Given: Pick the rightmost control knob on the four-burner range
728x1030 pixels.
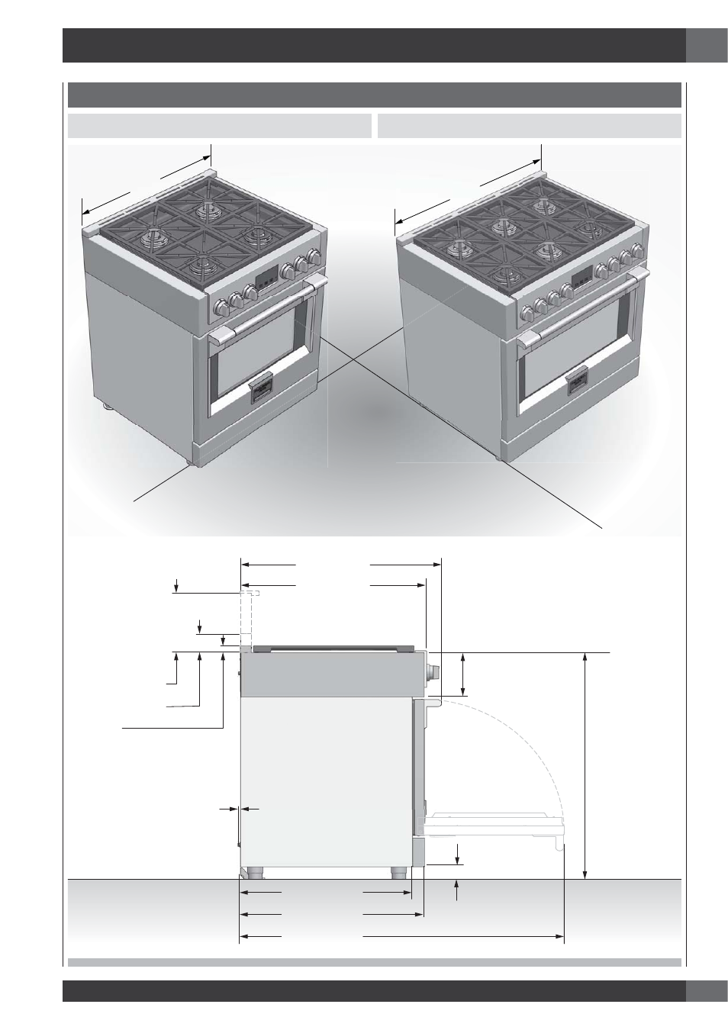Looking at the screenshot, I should [312, 257].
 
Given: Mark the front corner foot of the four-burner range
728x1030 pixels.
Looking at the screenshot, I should [188, 461].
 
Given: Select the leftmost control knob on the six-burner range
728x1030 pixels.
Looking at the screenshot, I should [527, 313].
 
